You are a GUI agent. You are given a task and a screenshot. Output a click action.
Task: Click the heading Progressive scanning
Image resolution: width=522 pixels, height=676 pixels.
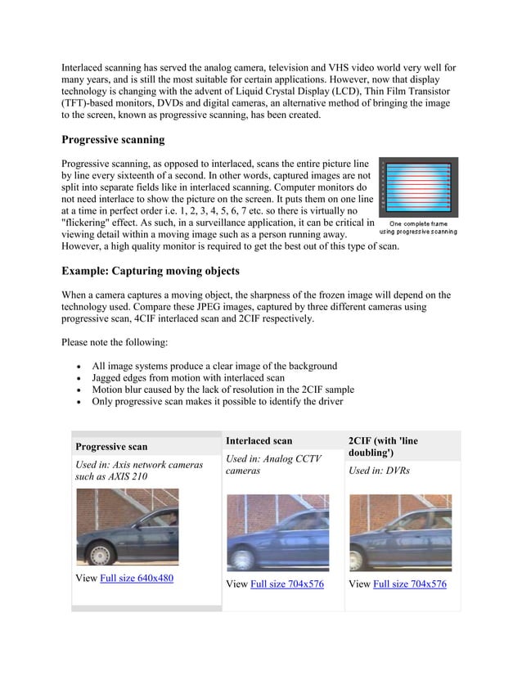point(114,140)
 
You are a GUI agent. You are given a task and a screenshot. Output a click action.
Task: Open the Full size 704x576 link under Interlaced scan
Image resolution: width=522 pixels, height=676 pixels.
point(287,584)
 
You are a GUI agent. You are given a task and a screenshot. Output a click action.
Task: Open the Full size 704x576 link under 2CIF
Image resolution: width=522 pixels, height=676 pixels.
point(409,584)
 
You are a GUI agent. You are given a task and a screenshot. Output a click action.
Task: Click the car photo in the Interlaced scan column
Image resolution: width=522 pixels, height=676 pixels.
point(277,532)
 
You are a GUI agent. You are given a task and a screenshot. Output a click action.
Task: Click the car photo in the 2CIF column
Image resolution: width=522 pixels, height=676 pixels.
point(399,532)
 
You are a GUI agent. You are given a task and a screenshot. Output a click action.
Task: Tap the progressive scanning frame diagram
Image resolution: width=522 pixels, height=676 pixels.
point(417,187)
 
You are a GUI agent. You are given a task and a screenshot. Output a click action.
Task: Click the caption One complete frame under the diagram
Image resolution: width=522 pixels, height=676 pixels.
point(418,223)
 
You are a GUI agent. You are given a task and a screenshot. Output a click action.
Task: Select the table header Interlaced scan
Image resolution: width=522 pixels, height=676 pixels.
point(259,441)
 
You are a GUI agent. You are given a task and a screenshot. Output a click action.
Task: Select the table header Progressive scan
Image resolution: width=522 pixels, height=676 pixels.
point(111,447)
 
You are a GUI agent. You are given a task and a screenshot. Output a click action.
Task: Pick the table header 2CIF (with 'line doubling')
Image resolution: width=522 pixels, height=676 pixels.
point(383,447)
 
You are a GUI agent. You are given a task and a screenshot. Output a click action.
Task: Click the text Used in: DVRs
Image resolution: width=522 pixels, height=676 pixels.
point(379,471)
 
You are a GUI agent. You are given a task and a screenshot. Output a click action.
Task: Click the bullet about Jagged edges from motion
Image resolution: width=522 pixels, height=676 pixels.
point(188,378)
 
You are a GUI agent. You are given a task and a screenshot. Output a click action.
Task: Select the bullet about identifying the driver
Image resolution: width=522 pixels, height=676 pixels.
point(217,403)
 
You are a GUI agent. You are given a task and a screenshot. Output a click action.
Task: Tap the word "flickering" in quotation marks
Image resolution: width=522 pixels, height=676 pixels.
point(95,221)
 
